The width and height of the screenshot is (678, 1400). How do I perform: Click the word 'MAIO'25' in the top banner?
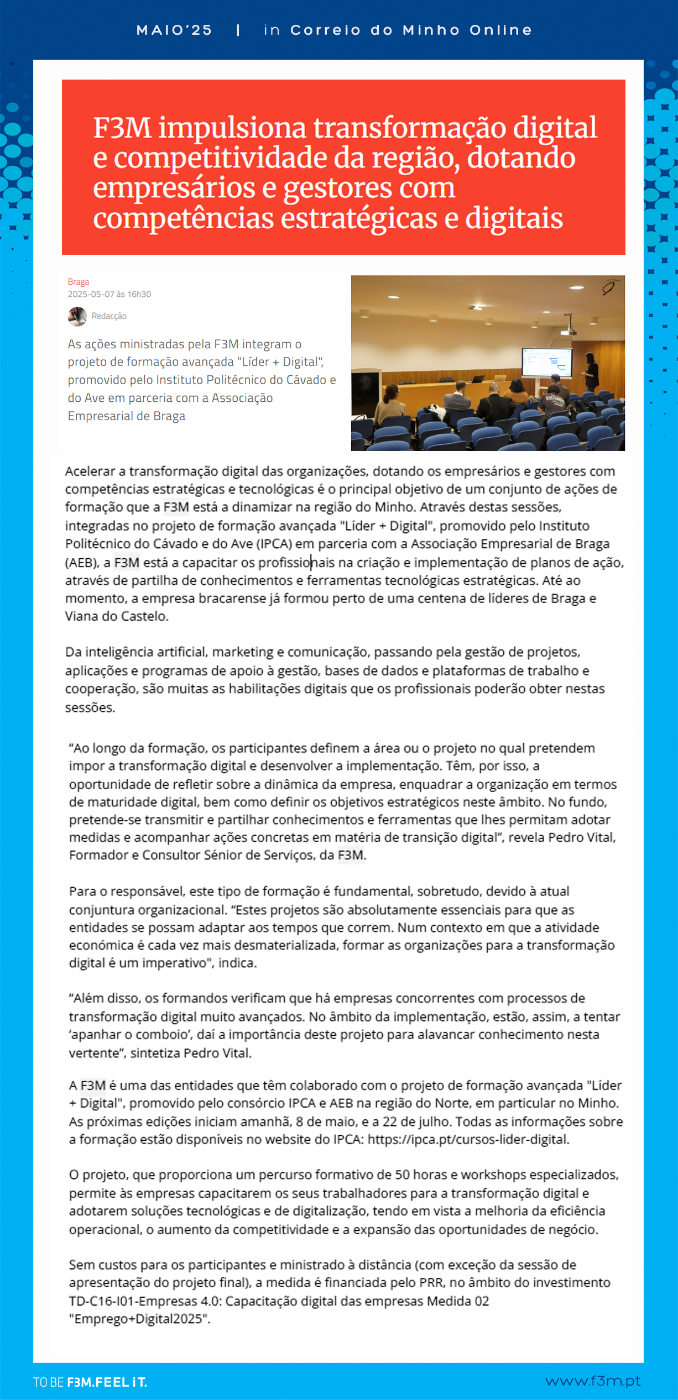pos(174,30)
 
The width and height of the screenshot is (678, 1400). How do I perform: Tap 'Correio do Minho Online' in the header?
pos(411,30)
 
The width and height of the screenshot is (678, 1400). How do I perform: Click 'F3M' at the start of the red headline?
pos(122,128)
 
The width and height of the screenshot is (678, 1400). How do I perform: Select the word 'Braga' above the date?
pos(79,282)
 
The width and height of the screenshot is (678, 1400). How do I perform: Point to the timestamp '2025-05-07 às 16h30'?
pos(109,295)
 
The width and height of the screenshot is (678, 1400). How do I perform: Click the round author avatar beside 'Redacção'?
pos(77,316)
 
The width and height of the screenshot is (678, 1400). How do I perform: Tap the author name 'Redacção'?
pos(109,316)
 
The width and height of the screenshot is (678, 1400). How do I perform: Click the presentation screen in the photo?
pos(546,362)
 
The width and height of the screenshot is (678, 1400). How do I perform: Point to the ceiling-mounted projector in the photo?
pos(569,330)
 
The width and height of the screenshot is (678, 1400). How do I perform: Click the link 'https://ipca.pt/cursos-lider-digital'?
pos(468,1139)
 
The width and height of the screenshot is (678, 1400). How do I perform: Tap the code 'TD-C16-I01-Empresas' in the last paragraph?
pos(133,1301)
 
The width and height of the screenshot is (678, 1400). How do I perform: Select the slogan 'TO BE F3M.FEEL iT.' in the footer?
pos(90,1382)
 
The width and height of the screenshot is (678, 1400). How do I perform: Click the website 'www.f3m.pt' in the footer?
pos(592,1381)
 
